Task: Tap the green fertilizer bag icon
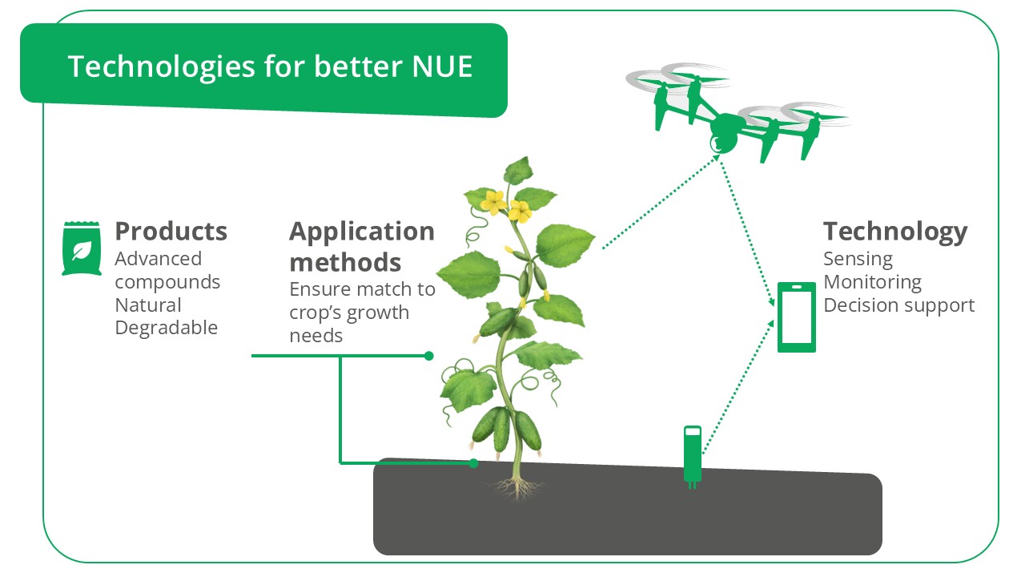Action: (x=81, y=249)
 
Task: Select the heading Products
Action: (x=171, y=232)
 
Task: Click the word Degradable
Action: (x=166, y=328)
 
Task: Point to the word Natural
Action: (x=148, y=305)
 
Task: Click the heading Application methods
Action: (x=361, y=246)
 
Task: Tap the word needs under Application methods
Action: (x=316, y=336)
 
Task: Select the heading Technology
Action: (x=895, y=232)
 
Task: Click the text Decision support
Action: (x=898, y=305)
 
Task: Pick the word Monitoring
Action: (x=872, y=282)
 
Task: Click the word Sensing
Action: (x=858, y=259)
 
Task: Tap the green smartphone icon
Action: (x=797, y=317)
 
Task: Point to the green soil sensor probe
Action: (x=692, y=454)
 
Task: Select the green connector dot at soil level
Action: (x=473, y=463)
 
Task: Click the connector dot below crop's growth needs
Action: (x=429, y=356)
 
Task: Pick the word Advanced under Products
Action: (x=158, y=259)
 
